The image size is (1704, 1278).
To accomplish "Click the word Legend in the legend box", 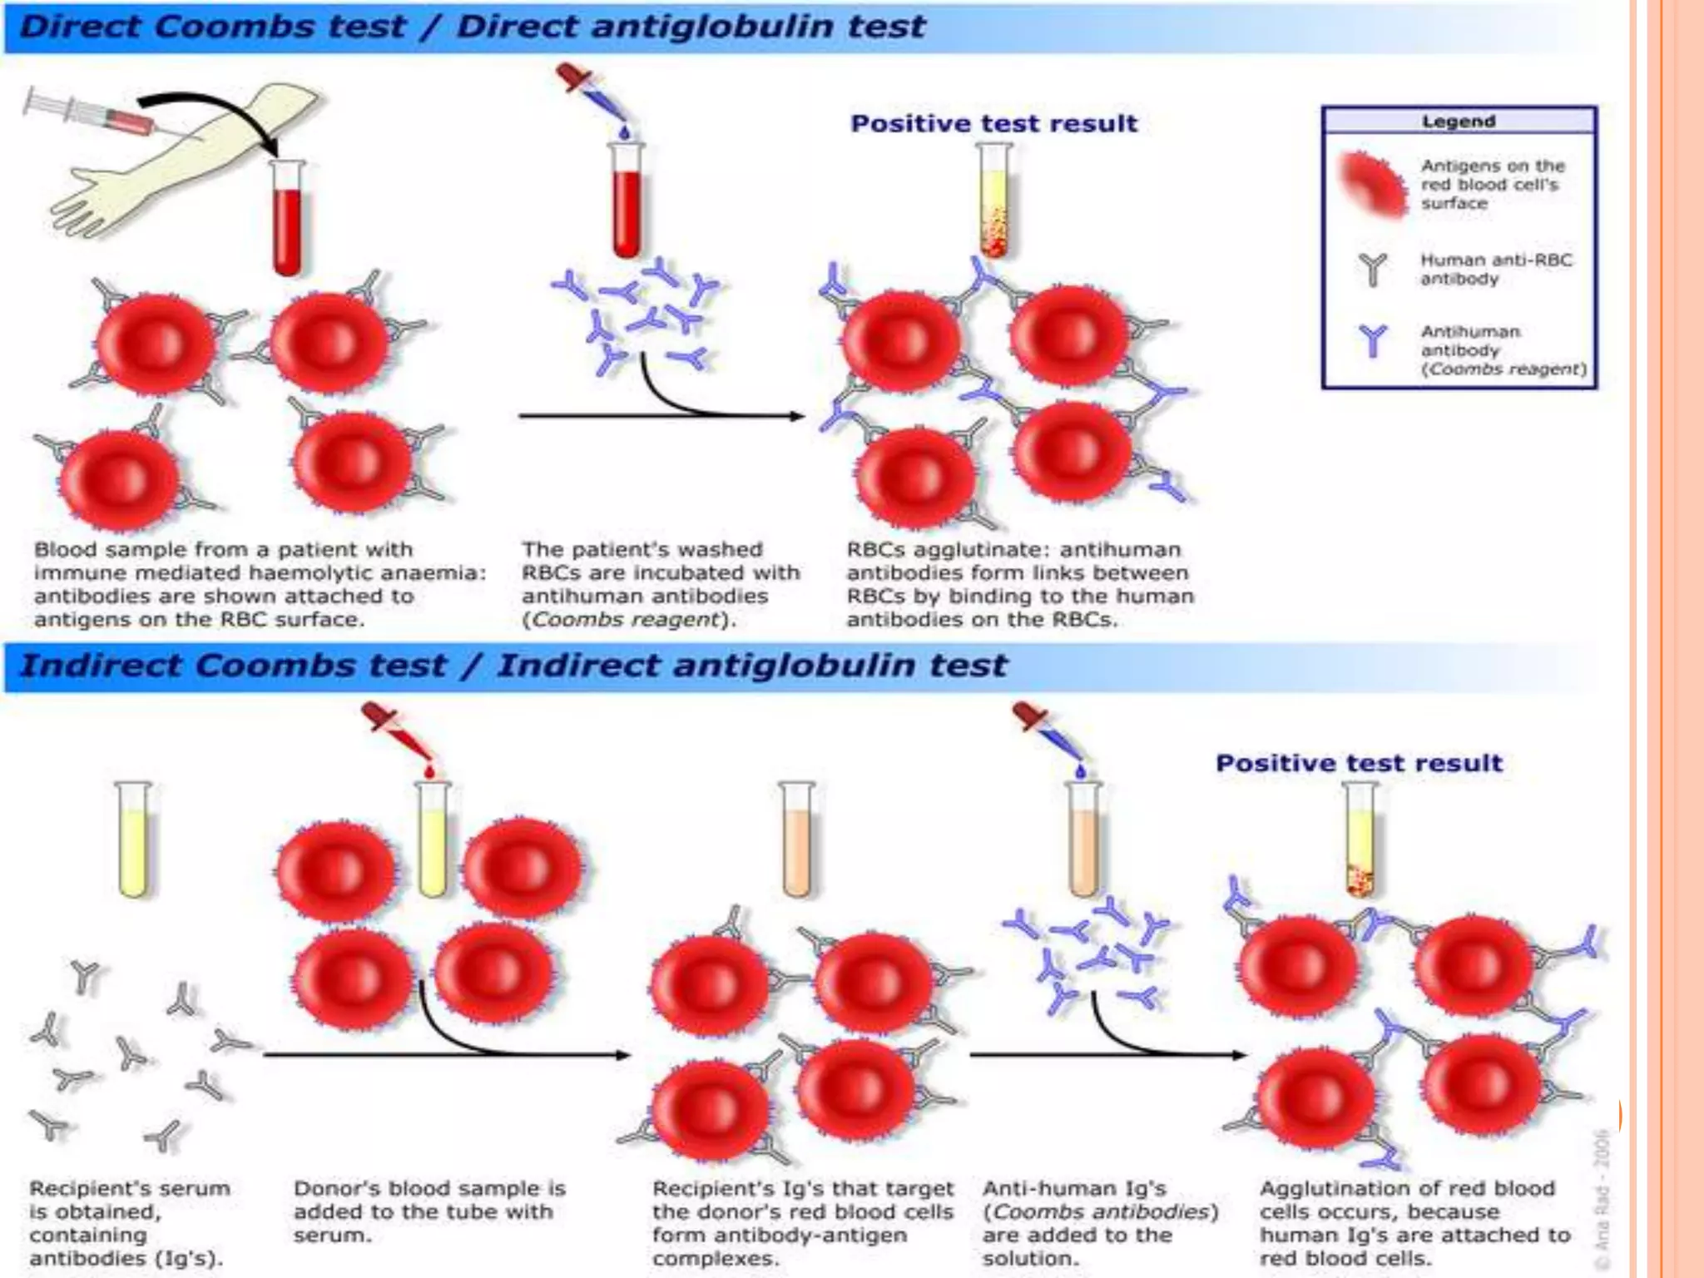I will [1458, 121].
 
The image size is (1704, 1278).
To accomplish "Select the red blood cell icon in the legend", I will [1371, 185].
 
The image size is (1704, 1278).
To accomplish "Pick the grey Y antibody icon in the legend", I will [1373, 270].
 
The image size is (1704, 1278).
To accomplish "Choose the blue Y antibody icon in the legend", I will [1373, 341].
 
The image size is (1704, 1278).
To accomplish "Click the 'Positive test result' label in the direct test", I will [993, 124].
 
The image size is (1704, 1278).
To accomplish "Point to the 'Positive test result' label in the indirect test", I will [1359, 764].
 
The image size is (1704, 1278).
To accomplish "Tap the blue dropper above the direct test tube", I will [592, 95].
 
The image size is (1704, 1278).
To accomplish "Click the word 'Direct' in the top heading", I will [82, 27].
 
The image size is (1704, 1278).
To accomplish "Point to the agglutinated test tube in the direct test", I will [994, 200].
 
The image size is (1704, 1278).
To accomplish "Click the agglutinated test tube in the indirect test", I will [1360, 840].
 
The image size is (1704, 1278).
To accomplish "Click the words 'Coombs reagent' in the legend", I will [1504, 369].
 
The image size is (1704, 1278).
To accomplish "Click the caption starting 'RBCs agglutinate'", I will [1020, 584].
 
